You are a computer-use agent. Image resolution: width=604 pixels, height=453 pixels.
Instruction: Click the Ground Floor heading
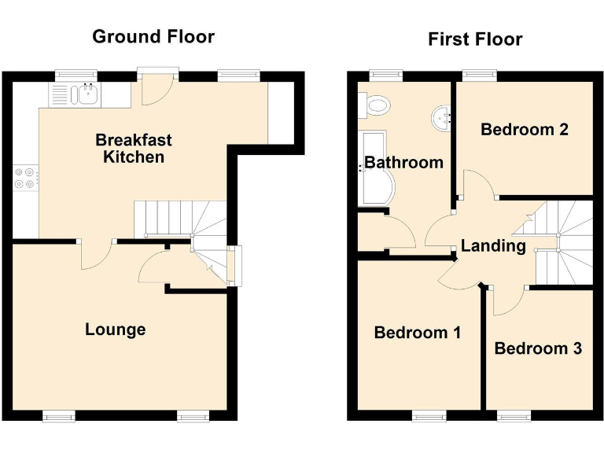[153, 36]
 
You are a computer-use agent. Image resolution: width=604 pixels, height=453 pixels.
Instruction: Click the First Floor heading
[475, 39]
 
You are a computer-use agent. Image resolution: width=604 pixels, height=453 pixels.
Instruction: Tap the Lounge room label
[115, 329]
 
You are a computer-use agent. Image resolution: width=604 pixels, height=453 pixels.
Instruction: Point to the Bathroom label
[404, 163]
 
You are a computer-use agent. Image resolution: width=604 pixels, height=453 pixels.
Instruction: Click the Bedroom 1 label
[417, 333]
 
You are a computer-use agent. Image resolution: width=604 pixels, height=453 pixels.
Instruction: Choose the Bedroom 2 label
[525, 129]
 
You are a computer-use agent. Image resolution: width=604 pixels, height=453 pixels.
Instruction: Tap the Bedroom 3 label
[538, 348]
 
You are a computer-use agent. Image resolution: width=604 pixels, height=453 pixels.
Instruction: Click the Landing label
[493, 245]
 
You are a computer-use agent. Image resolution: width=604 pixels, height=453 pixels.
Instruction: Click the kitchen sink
[85, 96]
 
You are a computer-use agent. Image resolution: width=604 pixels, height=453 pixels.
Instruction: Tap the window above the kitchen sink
[76, 75]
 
